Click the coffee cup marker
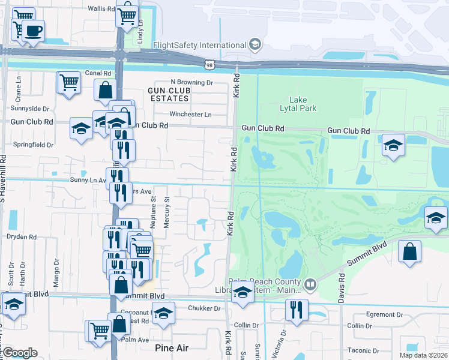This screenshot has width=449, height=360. (x=34, y=31)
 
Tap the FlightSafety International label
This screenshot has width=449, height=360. (x=200, y=45)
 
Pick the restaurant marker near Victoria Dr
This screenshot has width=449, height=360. (x=297, y=310)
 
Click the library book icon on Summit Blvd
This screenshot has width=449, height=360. (x=310, y=283)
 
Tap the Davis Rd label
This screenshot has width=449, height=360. (x=341, y=288)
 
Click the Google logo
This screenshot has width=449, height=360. (x=20, y=353)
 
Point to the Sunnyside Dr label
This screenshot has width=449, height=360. (x=29, y=109)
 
